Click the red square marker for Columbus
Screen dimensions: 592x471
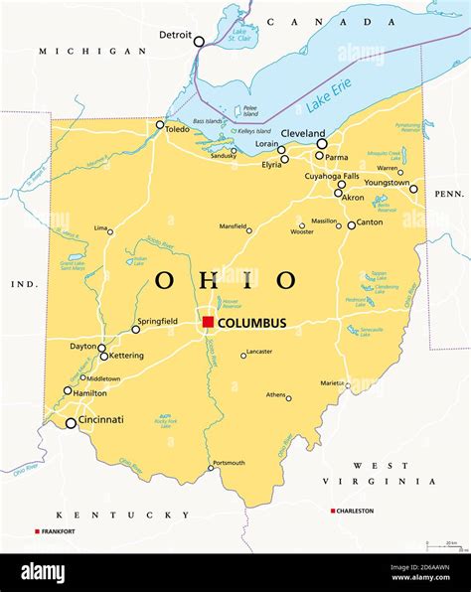click(208, 322)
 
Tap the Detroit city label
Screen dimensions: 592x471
click(175, 35)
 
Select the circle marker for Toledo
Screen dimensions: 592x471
click(160, 124)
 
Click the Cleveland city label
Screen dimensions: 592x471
click(302, 133)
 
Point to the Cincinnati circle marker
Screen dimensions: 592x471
click(71, 423)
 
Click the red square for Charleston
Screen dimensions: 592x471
click(333, 511)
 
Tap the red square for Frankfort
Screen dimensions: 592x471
click(38, 531)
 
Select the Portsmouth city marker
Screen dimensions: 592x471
click(211, 468)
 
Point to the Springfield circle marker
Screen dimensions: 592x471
click(136, 329)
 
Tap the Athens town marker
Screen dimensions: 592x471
click(289, 398)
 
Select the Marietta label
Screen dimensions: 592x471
click(332, 382)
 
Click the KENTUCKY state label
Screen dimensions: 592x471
click(122, 515)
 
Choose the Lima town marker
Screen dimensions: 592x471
click(110, 232)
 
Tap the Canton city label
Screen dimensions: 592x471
click(369, 222)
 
